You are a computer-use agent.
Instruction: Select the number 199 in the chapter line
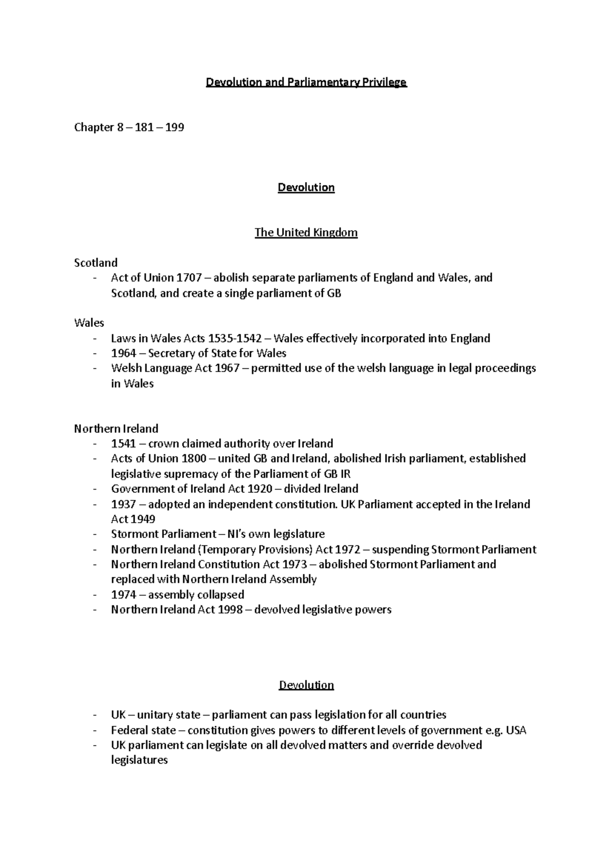174,128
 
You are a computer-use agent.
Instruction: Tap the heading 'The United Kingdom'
306,233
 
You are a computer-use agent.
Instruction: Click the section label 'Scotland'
96,263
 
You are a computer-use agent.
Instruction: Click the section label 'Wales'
89,323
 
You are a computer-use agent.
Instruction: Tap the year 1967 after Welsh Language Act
227,368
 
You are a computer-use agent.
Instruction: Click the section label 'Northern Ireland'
116,428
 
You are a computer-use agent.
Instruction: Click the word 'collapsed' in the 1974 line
221,595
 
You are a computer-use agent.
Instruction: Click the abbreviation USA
516,730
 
